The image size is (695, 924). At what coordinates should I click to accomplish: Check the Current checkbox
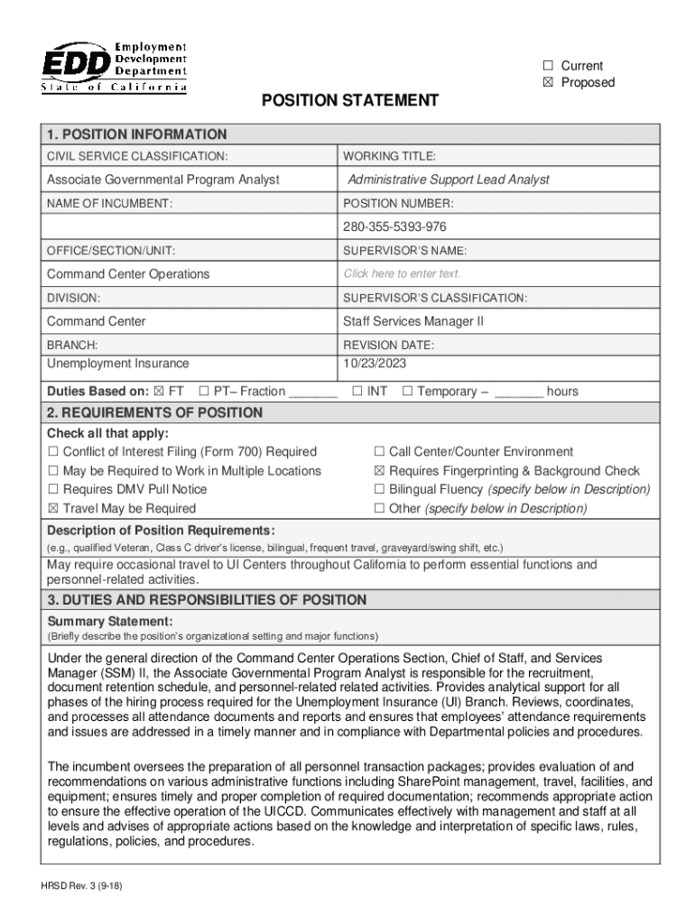[547, 66]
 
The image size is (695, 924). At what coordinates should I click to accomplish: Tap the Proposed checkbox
[547, 83]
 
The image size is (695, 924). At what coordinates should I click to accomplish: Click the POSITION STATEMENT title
[350, 100]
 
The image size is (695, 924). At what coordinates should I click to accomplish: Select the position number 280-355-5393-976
[394, 226]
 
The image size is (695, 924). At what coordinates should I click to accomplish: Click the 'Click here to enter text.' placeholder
[402, 273]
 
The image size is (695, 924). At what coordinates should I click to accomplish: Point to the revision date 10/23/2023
[375, 364]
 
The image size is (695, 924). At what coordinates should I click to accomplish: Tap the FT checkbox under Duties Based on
[159, 392]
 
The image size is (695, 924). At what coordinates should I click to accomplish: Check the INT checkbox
[357, 392]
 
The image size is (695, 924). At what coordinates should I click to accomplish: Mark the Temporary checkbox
[407, 392]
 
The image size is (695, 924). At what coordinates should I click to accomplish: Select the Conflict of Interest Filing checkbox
[53, 452]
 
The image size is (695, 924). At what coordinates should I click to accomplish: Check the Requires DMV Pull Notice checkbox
[53, 490]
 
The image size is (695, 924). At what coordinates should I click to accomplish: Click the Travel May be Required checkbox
[53, 509]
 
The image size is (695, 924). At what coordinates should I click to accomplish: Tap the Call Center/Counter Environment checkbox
[380, 452]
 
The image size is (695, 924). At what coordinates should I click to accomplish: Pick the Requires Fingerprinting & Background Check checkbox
[380, 471]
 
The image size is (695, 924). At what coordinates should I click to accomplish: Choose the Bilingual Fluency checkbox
[380, 490]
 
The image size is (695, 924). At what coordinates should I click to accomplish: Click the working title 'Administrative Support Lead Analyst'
[449, 180]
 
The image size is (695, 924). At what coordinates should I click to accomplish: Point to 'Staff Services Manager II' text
[413, 321]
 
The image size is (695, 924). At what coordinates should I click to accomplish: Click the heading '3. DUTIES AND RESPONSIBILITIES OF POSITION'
[207, 600]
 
